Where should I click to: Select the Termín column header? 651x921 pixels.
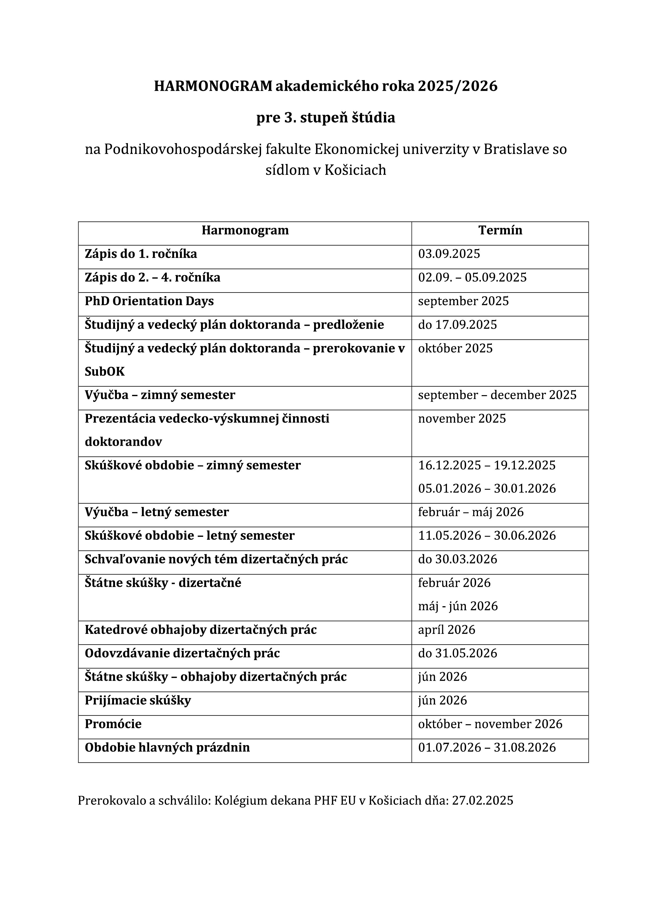point(500,230)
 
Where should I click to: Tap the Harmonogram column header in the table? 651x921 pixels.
point(245,230)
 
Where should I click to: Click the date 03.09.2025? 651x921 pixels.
point(449,254)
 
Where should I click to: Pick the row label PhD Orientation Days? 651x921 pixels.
point(149,301)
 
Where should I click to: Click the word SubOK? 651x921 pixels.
point(105,371)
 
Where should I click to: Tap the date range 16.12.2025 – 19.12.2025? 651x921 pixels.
point(487,465)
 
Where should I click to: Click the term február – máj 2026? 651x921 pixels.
point(471,512)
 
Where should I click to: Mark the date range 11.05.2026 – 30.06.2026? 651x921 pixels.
point(487,536)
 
